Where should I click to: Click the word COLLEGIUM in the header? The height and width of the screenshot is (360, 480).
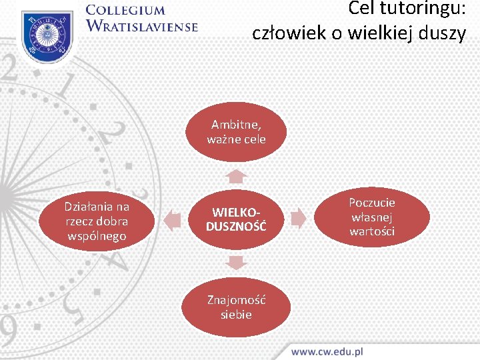pyautogui.click(x=125, y=10)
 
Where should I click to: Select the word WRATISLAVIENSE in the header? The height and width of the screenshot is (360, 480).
pyautogui.click(x=142, y=27)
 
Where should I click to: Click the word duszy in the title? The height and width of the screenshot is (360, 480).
pyautogui.click(x=444, y=33)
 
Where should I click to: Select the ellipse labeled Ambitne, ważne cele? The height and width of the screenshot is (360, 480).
pyautogui.click(x=236, y=132)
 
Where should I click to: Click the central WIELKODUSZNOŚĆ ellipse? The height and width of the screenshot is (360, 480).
pyautogui.click(x=236, y=219)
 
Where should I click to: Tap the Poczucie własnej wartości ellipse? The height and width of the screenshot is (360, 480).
pyautogui.click(x=372, y=217)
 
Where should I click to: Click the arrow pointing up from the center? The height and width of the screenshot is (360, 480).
pyautogui.click(x=236, y=176)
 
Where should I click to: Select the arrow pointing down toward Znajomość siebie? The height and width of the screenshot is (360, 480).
pyautogui.click(x=236, y=262)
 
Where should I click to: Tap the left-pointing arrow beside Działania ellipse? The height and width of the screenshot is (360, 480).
pyautogui.click(x=172, y=220)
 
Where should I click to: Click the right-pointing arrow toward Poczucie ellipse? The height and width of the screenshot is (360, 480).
pyautogui.click(x=299, y=218)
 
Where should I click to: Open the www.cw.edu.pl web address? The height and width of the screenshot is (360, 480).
pyautogui.click(x=327, y=351)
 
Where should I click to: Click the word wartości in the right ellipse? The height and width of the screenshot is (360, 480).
pyautogui.click(x=372, y=231)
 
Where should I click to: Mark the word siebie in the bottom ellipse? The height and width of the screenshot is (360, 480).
pyautogui.click(x=236, y=314)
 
